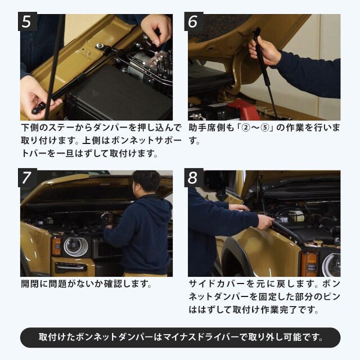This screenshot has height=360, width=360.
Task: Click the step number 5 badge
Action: coord(28,21)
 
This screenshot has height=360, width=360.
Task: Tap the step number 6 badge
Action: coord(193,21)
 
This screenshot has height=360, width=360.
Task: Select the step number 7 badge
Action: coord(28,178)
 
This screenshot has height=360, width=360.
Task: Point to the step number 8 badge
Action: coord(193,178)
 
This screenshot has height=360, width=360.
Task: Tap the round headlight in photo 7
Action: coord(76,246)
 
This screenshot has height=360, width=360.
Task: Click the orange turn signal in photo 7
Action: coord(56,246)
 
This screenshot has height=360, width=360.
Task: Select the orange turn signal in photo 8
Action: coord(309,263)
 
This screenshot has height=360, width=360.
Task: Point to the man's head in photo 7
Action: coord(147,182)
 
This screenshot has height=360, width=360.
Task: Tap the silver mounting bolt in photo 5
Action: coord(100,46)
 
